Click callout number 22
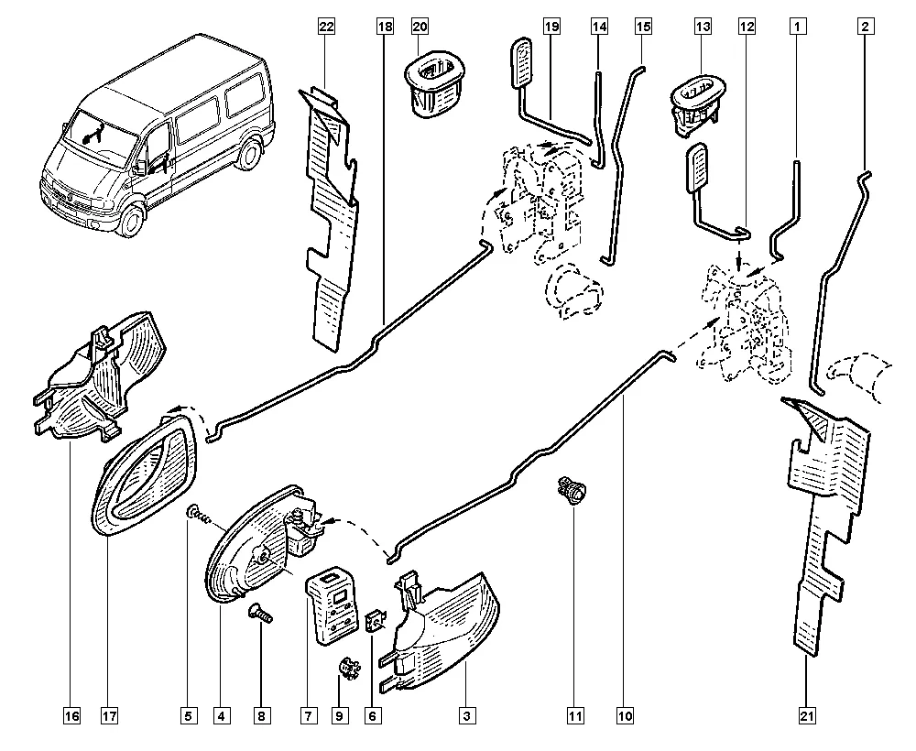pos(326,27)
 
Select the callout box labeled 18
pos(384,27)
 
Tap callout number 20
pos(420,27)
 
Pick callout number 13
pos(703,27)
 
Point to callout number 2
pos(864,27)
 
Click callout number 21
pos(807,714)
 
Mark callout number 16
pos(71,714)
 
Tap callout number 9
pos(340,714)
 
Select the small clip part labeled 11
pos(572,493)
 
